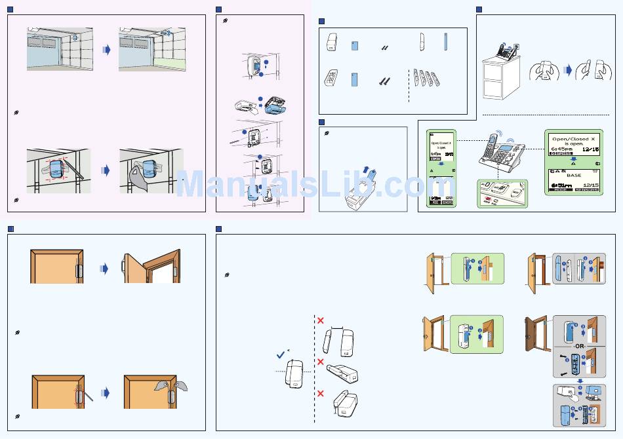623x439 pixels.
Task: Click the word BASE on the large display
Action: click(x=574, y=175)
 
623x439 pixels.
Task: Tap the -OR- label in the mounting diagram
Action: click(x=578, y=345)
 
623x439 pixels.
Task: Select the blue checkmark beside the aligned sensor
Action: click(x=280, y=354)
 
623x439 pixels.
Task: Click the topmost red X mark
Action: click(x=321, y=320)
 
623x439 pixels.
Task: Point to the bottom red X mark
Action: click(x=321, y=393)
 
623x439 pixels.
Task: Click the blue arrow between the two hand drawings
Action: click(x=569, y=68)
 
